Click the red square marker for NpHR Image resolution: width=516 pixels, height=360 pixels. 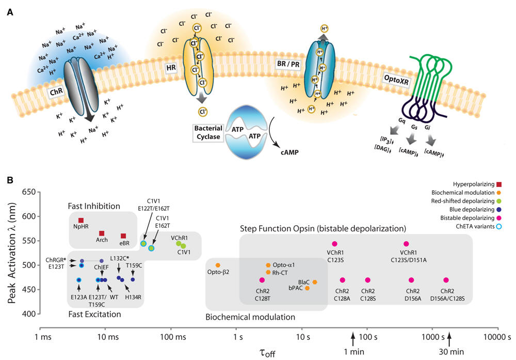pos(81,221)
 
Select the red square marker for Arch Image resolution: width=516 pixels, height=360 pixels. pos(102,233)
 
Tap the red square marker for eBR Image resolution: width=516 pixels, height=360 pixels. pos(123,236)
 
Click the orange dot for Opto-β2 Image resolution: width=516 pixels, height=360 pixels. pos(217,265)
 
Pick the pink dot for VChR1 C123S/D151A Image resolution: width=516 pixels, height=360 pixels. pos(406,244)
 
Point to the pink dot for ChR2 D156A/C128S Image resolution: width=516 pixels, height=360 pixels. pos(446,280)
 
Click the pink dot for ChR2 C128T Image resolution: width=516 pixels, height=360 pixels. pos(262,280)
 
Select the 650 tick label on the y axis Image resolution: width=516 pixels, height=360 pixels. pos(25,192)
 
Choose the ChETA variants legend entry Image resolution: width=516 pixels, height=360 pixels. pos(475,226)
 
